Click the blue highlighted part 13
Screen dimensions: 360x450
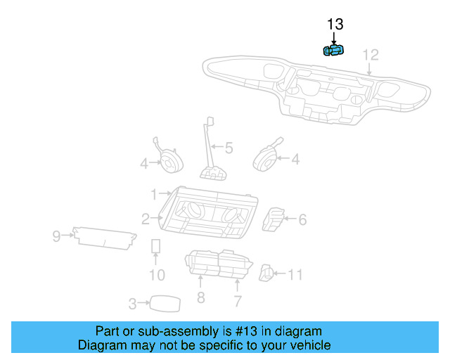coord(333,50)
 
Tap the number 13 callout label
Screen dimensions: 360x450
coord(335,25)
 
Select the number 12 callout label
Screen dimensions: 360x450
coord(370,54)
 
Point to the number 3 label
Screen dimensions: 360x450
coord(132,304)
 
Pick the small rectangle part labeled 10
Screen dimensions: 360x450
coord(157,246)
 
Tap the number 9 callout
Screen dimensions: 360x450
coord(57,236)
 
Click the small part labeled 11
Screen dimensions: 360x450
coord(267,273)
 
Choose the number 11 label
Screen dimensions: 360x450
coord(295,274)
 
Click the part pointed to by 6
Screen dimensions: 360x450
coord(274,219)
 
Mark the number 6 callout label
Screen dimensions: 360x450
coord(302,220)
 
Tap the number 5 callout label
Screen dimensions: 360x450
coord(229,148)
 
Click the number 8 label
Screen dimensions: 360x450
coord(200,299)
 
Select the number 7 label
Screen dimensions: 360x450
coord(238,302)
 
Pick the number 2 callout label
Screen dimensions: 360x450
coord(145,219)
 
